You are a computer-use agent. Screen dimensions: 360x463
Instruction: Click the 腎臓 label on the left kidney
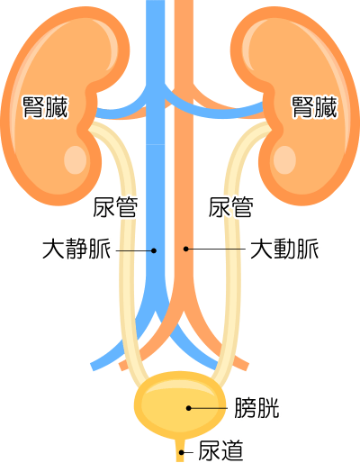[x=45, y=107]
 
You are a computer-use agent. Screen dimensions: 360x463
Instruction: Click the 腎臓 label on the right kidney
[x=314, y=107]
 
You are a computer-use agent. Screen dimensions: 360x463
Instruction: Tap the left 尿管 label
[x=115, y=207]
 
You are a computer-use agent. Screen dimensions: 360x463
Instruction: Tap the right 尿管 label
[x=230, y=207]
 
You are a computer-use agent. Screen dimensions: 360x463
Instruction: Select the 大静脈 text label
[x=76, y=249]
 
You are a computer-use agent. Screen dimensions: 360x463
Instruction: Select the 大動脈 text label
[x=284, y=249]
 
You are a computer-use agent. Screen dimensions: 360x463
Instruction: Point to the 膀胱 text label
[x=256, y=408]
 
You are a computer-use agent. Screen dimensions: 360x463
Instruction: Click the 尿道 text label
[x=220, y=450]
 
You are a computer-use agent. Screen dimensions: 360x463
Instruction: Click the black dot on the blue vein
[x=154, y=250]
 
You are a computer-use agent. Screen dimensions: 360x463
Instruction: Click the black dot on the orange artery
[x=186, y=249]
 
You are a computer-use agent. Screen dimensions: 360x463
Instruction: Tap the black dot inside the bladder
[x=189, y=408]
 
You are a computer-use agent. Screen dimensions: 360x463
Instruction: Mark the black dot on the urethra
[x=182, y=452]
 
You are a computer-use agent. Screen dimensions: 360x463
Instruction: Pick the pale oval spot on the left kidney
[x=75, y=160]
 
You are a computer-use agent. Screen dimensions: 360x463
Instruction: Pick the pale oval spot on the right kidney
[x=284, y=160]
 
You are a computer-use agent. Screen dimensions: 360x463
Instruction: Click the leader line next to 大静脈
[x=135, y=250]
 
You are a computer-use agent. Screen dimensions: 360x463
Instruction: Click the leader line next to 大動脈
[x=216, y=249]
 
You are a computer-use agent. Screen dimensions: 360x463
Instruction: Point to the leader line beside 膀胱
[x=208, y=408]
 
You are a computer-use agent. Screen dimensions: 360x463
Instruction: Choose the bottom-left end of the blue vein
[x=93, y=367]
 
